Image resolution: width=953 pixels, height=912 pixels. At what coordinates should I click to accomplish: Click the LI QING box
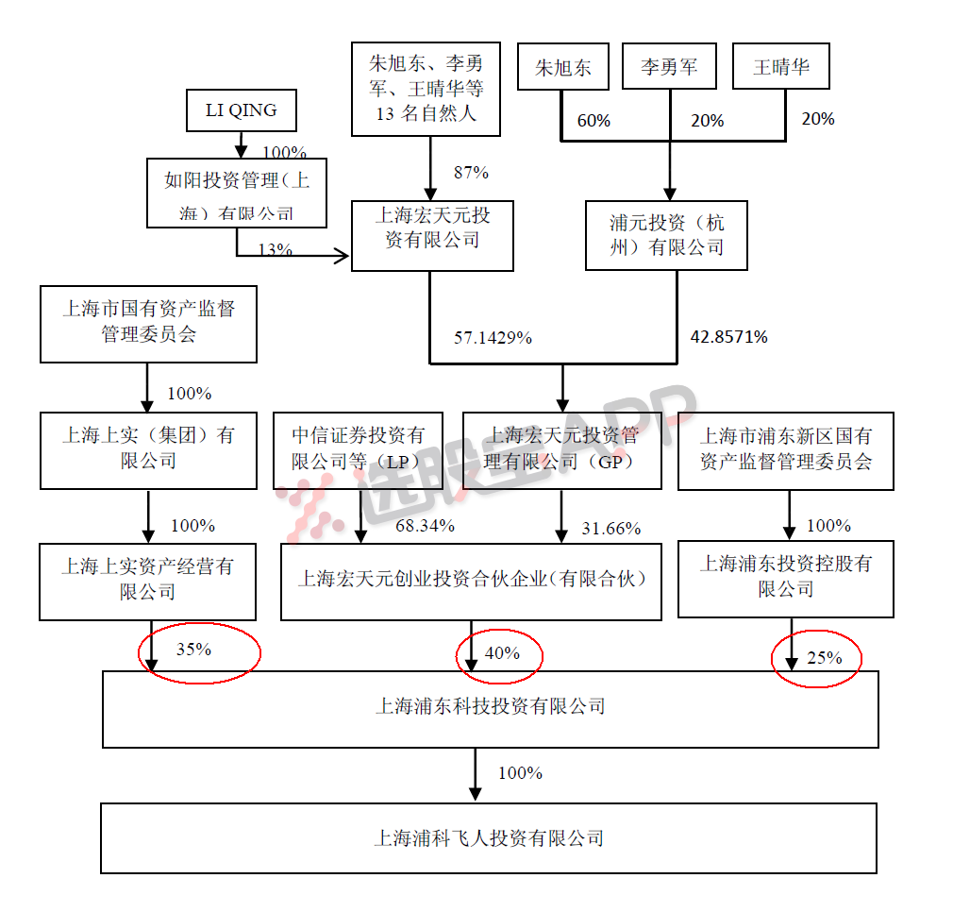241,110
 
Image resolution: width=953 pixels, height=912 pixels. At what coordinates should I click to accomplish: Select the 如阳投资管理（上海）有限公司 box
237,193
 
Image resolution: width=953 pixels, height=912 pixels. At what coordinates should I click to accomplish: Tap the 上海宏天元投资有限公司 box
432,235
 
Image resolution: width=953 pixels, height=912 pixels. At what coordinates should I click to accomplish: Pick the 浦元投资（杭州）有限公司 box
666,234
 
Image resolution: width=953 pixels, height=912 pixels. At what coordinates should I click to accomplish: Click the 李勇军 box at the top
670,68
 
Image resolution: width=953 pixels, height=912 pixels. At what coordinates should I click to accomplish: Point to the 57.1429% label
493,337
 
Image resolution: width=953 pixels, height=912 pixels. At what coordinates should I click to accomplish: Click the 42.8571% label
728,336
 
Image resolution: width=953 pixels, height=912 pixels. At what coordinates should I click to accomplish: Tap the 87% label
471,173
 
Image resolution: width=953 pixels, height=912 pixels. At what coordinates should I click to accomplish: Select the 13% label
275,250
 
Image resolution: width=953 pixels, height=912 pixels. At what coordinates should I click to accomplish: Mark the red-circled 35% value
193,650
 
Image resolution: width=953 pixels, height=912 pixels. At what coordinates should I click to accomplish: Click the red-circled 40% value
501,653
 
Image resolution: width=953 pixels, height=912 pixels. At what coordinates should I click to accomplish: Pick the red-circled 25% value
824,657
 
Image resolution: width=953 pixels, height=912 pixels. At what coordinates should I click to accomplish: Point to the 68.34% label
425,526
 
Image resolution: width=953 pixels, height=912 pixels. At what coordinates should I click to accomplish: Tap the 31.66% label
610,528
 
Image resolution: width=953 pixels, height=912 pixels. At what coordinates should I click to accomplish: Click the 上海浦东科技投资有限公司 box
491,708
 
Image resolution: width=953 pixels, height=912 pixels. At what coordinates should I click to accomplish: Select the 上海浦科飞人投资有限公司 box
489,837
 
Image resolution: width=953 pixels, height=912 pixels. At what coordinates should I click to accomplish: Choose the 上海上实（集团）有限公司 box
148,448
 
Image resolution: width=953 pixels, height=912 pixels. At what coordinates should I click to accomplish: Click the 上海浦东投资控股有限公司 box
785,577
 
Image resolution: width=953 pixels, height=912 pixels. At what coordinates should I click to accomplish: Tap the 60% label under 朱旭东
594,121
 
